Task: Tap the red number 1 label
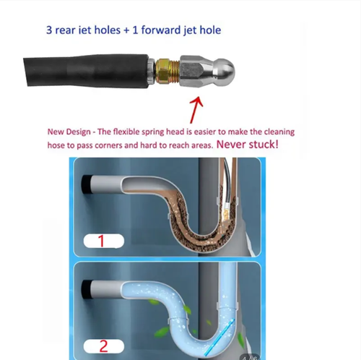tap(101, 241)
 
